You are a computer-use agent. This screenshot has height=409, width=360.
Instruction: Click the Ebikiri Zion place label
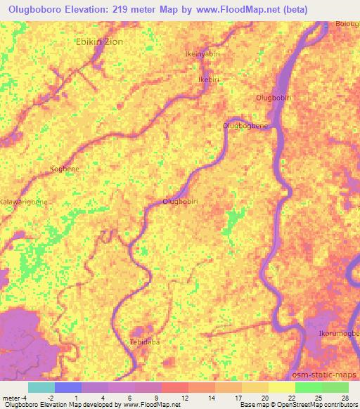(x=99, y=41)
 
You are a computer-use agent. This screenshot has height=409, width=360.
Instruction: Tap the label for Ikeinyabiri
(x=202, y=53)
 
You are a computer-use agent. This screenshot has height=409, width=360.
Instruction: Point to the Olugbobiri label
(x=274, y=97)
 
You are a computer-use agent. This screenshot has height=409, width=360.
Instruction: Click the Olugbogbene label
(x=245, y=126)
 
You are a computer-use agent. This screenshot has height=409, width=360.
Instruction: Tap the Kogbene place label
(x=65, y=169)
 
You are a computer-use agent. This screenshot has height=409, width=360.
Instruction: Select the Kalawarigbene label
(x=24, y=202)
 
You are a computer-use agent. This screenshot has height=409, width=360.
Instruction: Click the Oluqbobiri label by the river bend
(x=179, y=202)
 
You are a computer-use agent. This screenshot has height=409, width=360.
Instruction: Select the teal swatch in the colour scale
(x=41, y=387)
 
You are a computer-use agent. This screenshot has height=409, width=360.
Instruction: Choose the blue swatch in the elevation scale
(x=67, y=387)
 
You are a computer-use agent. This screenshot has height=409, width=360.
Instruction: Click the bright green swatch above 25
(x=308, y=387)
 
